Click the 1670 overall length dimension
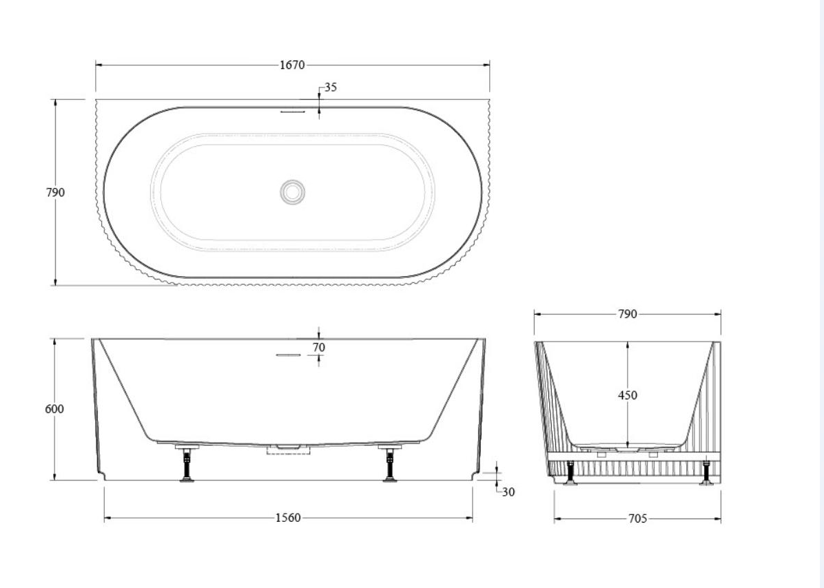(x=292, y=65)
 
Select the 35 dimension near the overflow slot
(x=331, y=87)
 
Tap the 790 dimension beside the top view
(x=55, y=193)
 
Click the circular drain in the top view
(x=293, y=192)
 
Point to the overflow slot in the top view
(x=292, y=109)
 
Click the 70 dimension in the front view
(x=318, y=348)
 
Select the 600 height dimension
(x=54, y=409)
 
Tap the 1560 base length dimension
(x=288, y=518)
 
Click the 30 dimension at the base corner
(x=508, y=492)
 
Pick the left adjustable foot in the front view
(x=187, y=464)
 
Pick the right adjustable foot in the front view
(x=389, y=464)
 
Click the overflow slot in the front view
(x=289, y=355)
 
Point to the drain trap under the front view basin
(x=289, y=450)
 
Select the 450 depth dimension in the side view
(x=628, y=395)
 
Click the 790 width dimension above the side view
(x=627, y=315)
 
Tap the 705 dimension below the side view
(x=638, y=518)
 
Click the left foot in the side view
(x=570, y=473)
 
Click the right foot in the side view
(x=706, y=473)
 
